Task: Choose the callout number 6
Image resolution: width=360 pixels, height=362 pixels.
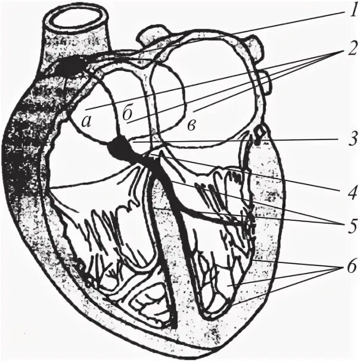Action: pos(345,268)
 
